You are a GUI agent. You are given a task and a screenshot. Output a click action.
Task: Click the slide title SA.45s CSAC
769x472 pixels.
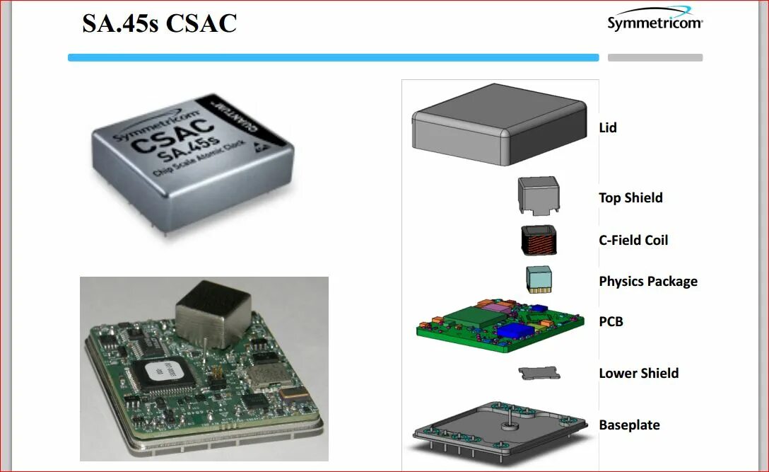click(x=159, y=23)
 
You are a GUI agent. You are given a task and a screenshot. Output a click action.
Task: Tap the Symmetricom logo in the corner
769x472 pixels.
click(x=654, y=21)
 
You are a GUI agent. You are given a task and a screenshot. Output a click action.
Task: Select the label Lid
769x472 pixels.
click(x=608, y=128)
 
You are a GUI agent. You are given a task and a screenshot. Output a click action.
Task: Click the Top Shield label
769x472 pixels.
click(x=630, y=198)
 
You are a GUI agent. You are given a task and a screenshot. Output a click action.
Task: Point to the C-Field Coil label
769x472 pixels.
click(x=633, y=240)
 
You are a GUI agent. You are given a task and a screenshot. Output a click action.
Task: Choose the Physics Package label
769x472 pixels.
click(x=648, y=282)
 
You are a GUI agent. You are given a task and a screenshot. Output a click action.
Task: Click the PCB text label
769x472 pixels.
click(x=611, y=321)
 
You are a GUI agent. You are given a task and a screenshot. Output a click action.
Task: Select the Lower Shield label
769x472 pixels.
click(x=639, y=373)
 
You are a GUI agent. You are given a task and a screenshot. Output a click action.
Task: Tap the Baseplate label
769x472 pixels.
click(x=629, y=425)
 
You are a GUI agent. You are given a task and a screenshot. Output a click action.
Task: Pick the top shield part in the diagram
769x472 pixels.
click(x=539, y=195)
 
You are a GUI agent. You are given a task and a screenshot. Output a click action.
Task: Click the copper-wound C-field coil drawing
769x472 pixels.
click(x=540, y=241)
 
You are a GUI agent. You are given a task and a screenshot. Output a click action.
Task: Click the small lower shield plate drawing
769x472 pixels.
click(x=539, y=373)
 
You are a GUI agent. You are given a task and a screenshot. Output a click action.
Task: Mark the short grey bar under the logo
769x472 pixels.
click(x=654, y=58)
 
